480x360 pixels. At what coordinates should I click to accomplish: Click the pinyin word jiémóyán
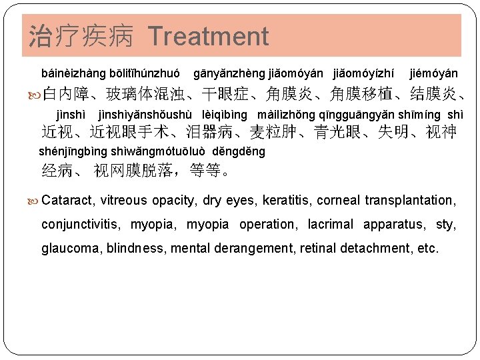point(433,72)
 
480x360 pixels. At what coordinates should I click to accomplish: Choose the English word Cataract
point(69,200)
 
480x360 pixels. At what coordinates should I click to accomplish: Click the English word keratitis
point(287,200)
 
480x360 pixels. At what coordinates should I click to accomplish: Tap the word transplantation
point(409,200)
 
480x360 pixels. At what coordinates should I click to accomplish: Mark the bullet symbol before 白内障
point(35,95)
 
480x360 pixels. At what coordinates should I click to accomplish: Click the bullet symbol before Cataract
point(35,200)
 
